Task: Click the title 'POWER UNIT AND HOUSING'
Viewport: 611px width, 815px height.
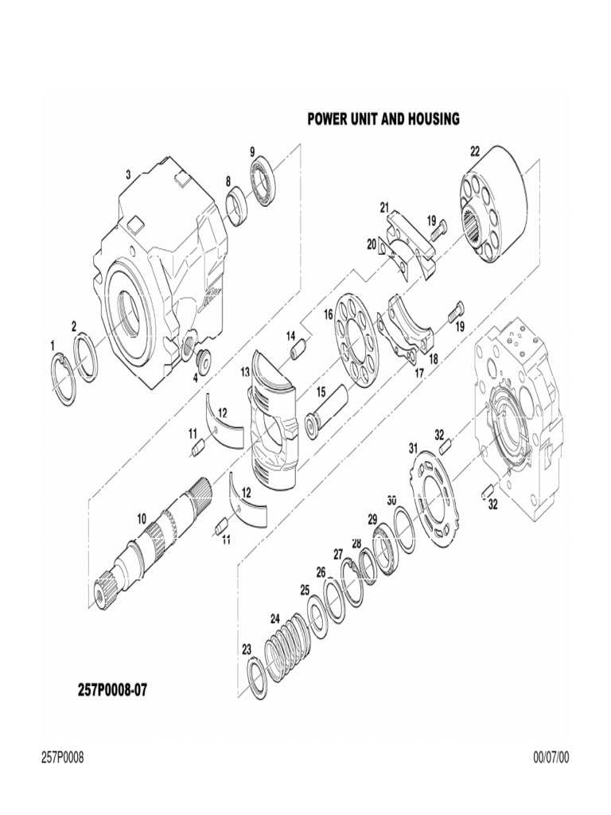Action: point(383,119)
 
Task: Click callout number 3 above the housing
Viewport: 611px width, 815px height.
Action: point(128,174)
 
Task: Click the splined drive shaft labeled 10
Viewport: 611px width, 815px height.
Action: point(151,550)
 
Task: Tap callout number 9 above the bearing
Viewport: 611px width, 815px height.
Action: point(252,152)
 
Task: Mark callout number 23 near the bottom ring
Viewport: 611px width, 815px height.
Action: point(247,649)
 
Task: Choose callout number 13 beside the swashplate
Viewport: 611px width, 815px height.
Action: point(245,372)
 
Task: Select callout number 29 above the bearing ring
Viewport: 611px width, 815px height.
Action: point(372,519)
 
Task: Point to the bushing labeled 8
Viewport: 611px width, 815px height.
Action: point(236,206)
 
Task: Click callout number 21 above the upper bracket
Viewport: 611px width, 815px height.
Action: point(383,208)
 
